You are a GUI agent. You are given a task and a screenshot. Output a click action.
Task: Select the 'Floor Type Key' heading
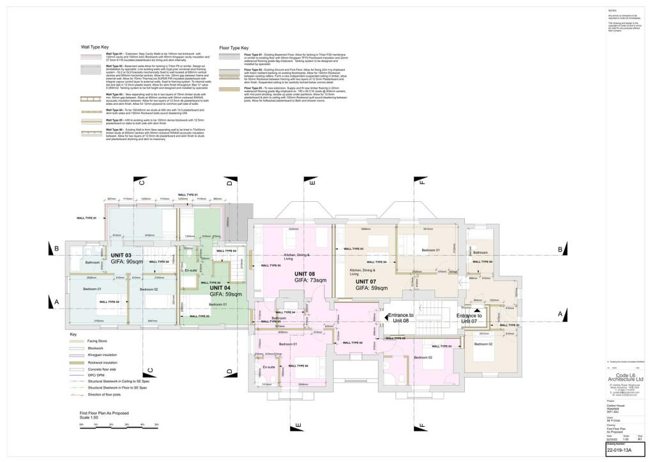coord(234,47)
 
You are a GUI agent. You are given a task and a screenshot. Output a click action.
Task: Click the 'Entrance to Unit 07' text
coord(469,318)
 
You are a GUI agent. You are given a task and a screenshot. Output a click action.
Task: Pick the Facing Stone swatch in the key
coord(77,343)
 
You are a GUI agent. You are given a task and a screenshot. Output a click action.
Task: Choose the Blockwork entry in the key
coord(77,348)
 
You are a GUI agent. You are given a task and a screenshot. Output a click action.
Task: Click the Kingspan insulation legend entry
coord(77,355)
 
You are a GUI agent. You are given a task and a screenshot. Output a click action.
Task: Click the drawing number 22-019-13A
coord(619,450)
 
